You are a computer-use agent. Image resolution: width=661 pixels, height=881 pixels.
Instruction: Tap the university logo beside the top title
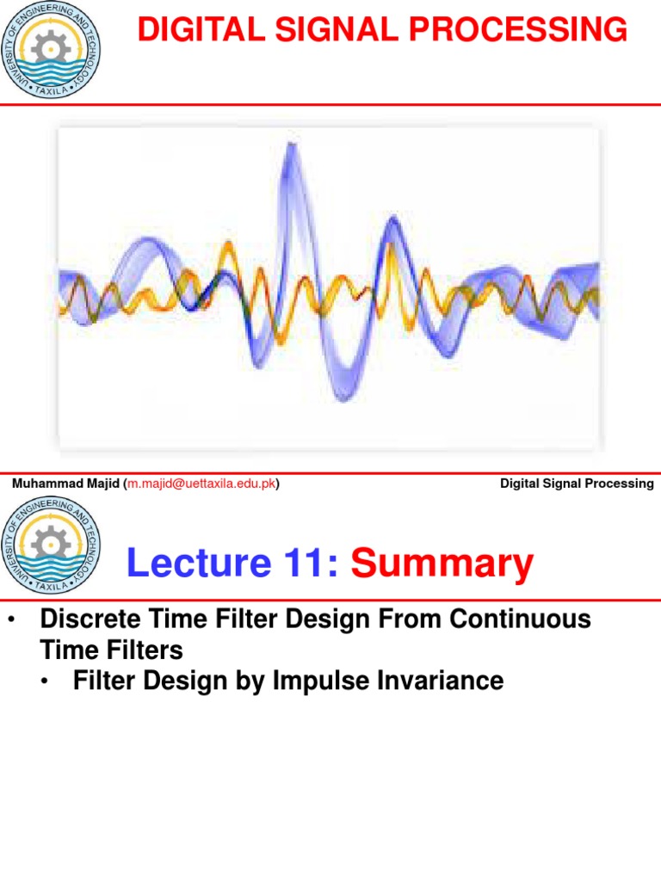(x=51, y=49)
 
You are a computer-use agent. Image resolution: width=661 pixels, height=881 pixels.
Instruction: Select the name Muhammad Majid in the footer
(x=66, y=484)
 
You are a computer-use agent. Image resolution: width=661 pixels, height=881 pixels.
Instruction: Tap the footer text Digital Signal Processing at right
(x=577, y=484)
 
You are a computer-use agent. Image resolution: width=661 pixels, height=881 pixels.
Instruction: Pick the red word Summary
(x=442, y=564)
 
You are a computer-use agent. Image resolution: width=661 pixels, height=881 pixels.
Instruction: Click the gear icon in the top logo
(x=51, y=43)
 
